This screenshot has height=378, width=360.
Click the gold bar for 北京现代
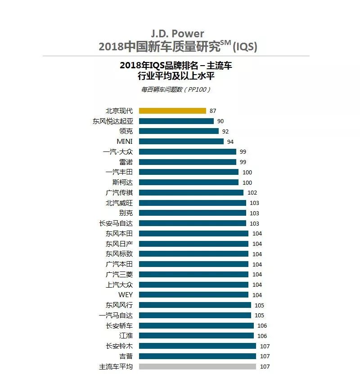point(172,111)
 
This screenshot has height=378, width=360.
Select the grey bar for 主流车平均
point(198,366)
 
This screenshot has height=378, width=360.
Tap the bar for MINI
point(181,141)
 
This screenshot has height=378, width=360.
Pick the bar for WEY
point(193,295)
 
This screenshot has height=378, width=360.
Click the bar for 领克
point(179,131)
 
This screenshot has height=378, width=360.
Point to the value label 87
point(213,111)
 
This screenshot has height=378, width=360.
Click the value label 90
point(220,121)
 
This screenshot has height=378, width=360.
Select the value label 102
point(252,192)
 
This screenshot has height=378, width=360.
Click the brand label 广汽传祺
point(119,192)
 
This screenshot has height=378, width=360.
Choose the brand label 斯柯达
point(122,182)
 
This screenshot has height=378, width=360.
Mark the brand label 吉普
point(126,356)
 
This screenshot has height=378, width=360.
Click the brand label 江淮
point(126,336)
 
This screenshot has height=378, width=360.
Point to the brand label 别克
point(126,213)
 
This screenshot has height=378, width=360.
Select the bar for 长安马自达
point(193,223)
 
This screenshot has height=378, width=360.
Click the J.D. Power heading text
point(178,34)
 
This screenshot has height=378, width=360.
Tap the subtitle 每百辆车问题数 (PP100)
point(176,89)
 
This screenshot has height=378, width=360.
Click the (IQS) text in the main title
point(245,47)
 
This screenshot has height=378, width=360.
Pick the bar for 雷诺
point(187,162)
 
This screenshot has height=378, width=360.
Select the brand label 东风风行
point(119,305)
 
